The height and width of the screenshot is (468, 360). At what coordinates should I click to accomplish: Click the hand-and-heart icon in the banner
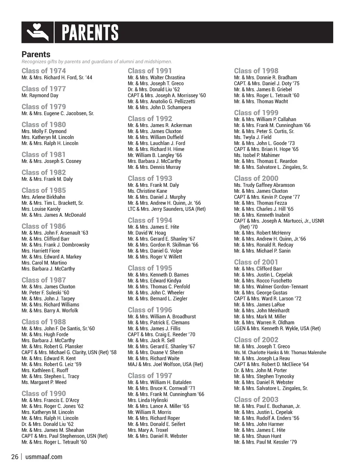(38, 32)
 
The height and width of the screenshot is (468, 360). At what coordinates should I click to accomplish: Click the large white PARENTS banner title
(90, 33)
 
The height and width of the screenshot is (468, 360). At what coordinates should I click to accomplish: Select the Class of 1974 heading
(44, 71)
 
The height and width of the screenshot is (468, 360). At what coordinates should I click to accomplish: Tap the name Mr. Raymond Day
(40, 95)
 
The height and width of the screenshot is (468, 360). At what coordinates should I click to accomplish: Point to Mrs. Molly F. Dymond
(44, 131)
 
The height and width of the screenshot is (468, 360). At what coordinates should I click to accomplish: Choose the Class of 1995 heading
(150, 268)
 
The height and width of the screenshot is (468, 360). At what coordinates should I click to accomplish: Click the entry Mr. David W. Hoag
(147, 233)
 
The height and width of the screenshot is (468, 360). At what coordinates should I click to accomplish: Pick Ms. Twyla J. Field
(252, 137)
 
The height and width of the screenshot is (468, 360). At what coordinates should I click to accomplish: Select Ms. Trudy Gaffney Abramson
(264, 185)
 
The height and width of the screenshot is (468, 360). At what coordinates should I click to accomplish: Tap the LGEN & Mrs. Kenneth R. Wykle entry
(277, 328)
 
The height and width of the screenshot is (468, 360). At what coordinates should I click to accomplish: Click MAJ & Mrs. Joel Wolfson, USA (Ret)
(165, 364)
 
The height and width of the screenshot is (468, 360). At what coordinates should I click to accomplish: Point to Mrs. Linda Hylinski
(148, 400)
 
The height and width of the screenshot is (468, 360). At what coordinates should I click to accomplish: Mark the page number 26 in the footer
(15, 457)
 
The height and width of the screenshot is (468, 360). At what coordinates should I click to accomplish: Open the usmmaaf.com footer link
(44, 457)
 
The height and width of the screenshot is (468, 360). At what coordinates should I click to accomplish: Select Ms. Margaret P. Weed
(44, 382)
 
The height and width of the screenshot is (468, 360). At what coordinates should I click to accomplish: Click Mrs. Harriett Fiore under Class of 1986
(40, 251)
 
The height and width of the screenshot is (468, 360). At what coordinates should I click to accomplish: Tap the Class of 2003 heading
(256, 400)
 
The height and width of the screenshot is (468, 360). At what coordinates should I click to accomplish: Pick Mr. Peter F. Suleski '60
(45, 292)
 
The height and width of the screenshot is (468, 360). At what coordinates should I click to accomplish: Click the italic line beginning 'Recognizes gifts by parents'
(97, 62)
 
